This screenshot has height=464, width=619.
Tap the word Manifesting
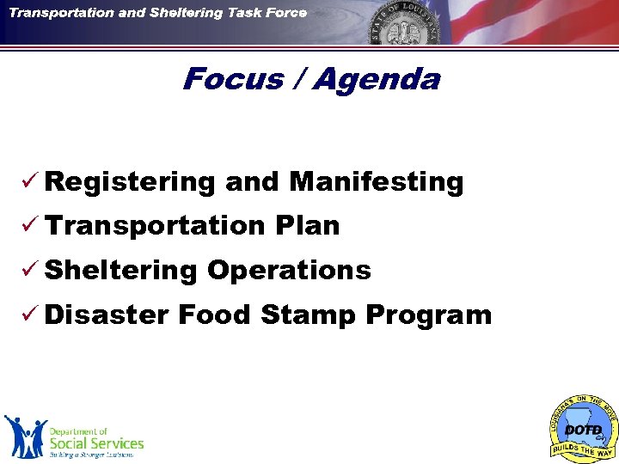pos(377,182)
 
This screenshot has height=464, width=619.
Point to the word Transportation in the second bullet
pos(156,226)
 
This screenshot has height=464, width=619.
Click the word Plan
pos(308,226)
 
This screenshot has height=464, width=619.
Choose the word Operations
pos(289,270)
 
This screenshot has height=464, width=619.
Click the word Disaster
pos(106,314)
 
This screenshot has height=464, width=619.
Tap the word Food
pos(214,314)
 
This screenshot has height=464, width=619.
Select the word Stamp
pos(308,315)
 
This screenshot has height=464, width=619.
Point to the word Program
pos(428,315)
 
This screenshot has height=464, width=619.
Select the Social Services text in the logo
pos(95,443)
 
